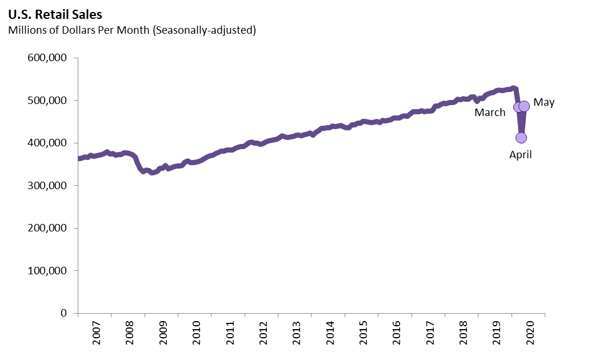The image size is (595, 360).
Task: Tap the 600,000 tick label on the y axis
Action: point(47,58)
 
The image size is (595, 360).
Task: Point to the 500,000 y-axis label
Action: point(47,101)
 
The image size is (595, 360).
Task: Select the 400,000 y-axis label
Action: point(47,143)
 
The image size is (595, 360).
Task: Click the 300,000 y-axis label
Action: point(47,186)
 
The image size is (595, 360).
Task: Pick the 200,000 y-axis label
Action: point(47,229)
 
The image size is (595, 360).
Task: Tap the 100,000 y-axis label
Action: point(47,271)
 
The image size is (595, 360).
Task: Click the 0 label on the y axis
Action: point(63,313)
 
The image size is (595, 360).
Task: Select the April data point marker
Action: point(521,138)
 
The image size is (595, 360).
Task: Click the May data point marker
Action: point(524,106)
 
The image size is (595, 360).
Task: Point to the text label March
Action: point(490,113)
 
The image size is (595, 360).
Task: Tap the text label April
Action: point(520,154)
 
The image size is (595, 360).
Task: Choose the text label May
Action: point(544,103)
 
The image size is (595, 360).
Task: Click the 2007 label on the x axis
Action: point(96,332)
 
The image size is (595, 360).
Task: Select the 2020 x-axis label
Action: point(531,332)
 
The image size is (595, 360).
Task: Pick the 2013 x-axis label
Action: point(297,332)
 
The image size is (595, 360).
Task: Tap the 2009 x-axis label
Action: point(163,332)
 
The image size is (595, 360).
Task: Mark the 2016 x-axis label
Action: point(397,332)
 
